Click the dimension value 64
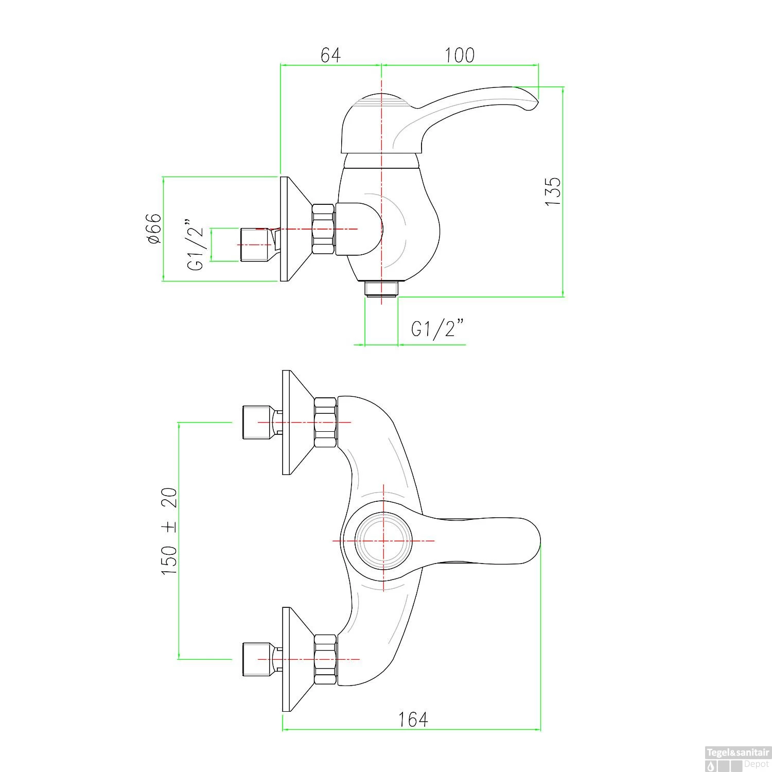(330, 55)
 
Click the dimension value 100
(460, 55)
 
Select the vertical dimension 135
(552, 192)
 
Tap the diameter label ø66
(153, 229)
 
